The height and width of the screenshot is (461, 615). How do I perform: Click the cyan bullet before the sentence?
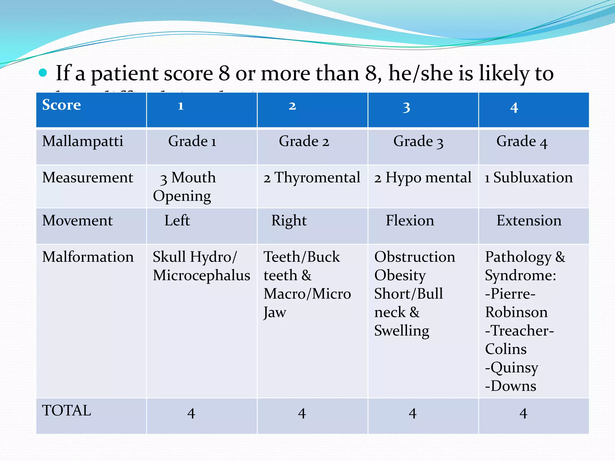pyautogui.click(x=43, y=73)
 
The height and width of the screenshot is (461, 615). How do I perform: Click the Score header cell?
pyautogui.click(x=62, y=105)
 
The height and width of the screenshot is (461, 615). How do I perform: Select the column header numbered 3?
pyautogui.click(x=406, y=107)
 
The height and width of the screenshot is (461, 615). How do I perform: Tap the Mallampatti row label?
pyautogui.click(x=83, y=141)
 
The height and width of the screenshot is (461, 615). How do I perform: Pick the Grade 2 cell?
pyautogui.click(x=304, y=141)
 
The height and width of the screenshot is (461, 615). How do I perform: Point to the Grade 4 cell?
pyautogui.click(x=522, y=142)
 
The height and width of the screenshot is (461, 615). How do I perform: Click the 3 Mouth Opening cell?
pyautogui.click(x=184, y=186)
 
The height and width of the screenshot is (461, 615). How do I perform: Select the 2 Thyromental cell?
pyautogui.click(x=312, y=178)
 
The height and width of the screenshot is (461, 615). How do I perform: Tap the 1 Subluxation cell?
pyautogui.click(x=529, y=178)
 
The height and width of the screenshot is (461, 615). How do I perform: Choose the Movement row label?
pyautogui.click(x=77, y=221)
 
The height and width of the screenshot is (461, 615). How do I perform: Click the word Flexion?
pyautogui.click(x=410, y=221)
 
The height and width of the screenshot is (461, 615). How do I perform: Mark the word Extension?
pyautogui.click(x=529, y=221)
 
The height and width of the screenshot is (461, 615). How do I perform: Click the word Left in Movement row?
pyautogui.click(x=177, y=221)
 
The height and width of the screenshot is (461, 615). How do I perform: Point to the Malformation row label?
pyautogui.click(x=88, y=257)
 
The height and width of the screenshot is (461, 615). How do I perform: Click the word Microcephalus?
pyautogui.click(x=201, y=276)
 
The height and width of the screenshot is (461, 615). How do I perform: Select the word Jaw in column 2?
pyautogui.click(x=275, y=312)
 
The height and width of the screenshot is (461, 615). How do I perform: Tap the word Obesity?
pyautogui.click(x=400, y=276)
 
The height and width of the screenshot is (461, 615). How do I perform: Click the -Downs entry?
pyautogui.click(x=510, y=386)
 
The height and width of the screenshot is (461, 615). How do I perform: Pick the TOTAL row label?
pyautogui.click(x=67, y=411)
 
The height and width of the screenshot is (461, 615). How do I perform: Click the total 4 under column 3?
pyautogui.click(x=413, y=414)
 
